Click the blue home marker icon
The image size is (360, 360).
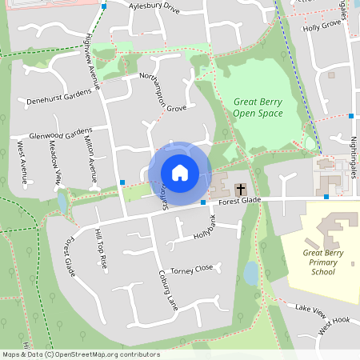[180, 173]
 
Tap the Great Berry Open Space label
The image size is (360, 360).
[258, 107]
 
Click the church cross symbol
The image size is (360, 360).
[239, 190]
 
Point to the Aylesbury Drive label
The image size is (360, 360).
[155, 7]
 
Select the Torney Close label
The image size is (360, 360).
[192, 269]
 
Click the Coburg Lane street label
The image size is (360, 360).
[167, 289]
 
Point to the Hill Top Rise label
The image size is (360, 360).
[100, 249]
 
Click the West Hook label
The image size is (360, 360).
[334, 326]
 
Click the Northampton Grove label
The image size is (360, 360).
[163, 91]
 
